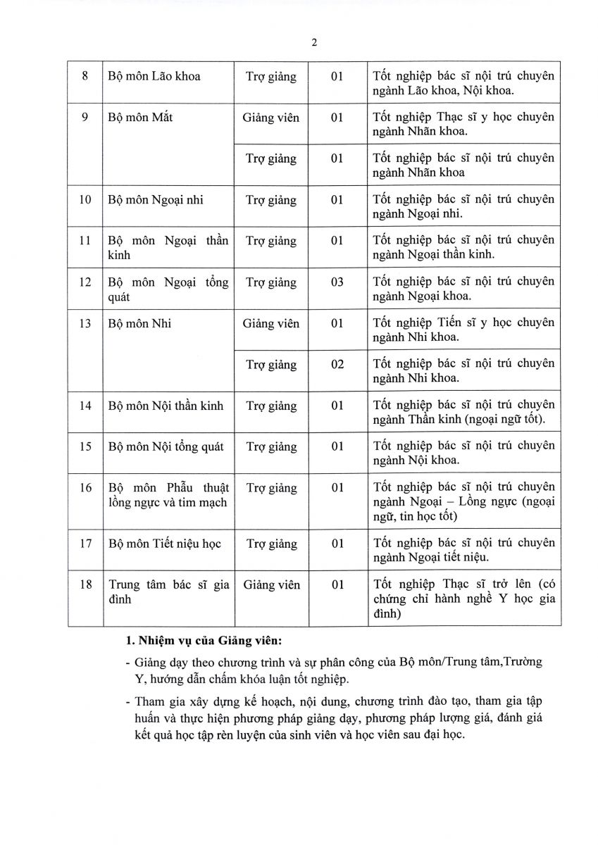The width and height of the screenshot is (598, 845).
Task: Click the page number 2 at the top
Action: coord(314,42)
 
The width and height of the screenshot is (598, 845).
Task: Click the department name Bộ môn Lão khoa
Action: coord(154,76)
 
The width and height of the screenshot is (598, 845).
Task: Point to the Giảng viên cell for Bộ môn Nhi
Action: coord(271,324)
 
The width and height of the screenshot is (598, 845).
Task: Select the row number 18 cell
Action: coord(85,585)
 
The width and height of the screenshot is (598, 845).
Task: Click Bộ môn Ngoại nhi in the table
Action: coord(156,200)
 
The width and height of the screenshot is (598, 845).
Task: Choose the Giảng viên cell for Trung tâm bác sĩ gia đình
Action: coord(271,585)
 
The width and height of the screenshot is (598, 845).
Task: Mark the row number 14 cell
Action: coord(85,406)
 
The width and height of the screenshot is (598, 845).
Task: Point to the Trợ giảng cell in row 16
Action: coord(271,488)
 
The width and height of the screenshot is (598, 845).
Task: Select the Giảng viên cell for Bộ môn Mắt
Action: coord(271,118)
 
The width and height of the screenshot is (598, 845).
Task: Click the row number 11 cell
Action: coord(85,241)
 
